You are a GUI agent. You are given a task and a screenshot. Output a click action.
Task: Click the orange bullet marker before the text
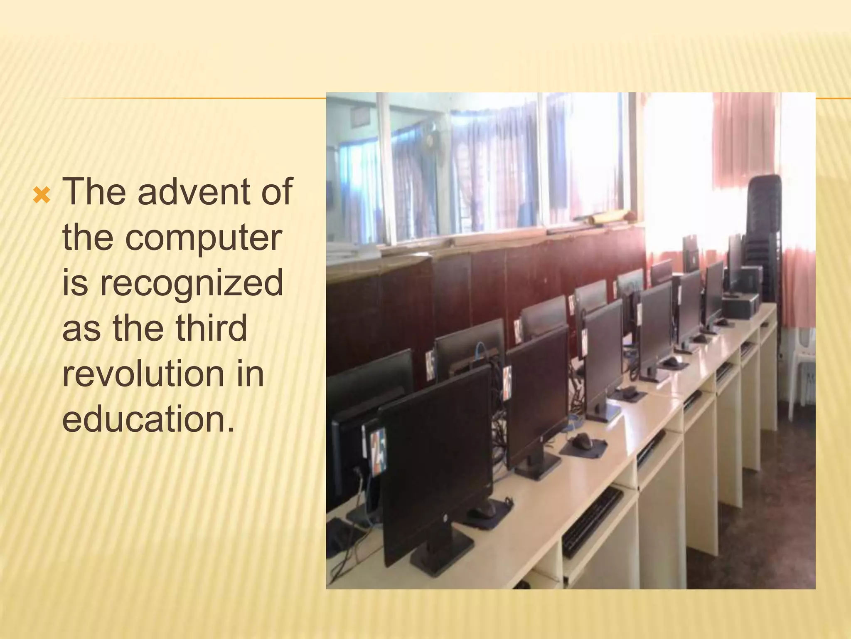42,196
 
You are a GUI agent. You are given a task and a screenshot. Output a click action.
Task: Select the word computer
204,239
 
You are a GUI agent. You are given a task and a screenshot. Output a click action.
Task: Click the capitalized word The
94,192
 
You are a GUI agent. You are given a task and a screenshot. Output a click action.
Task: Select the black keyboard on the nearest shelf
592,522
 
